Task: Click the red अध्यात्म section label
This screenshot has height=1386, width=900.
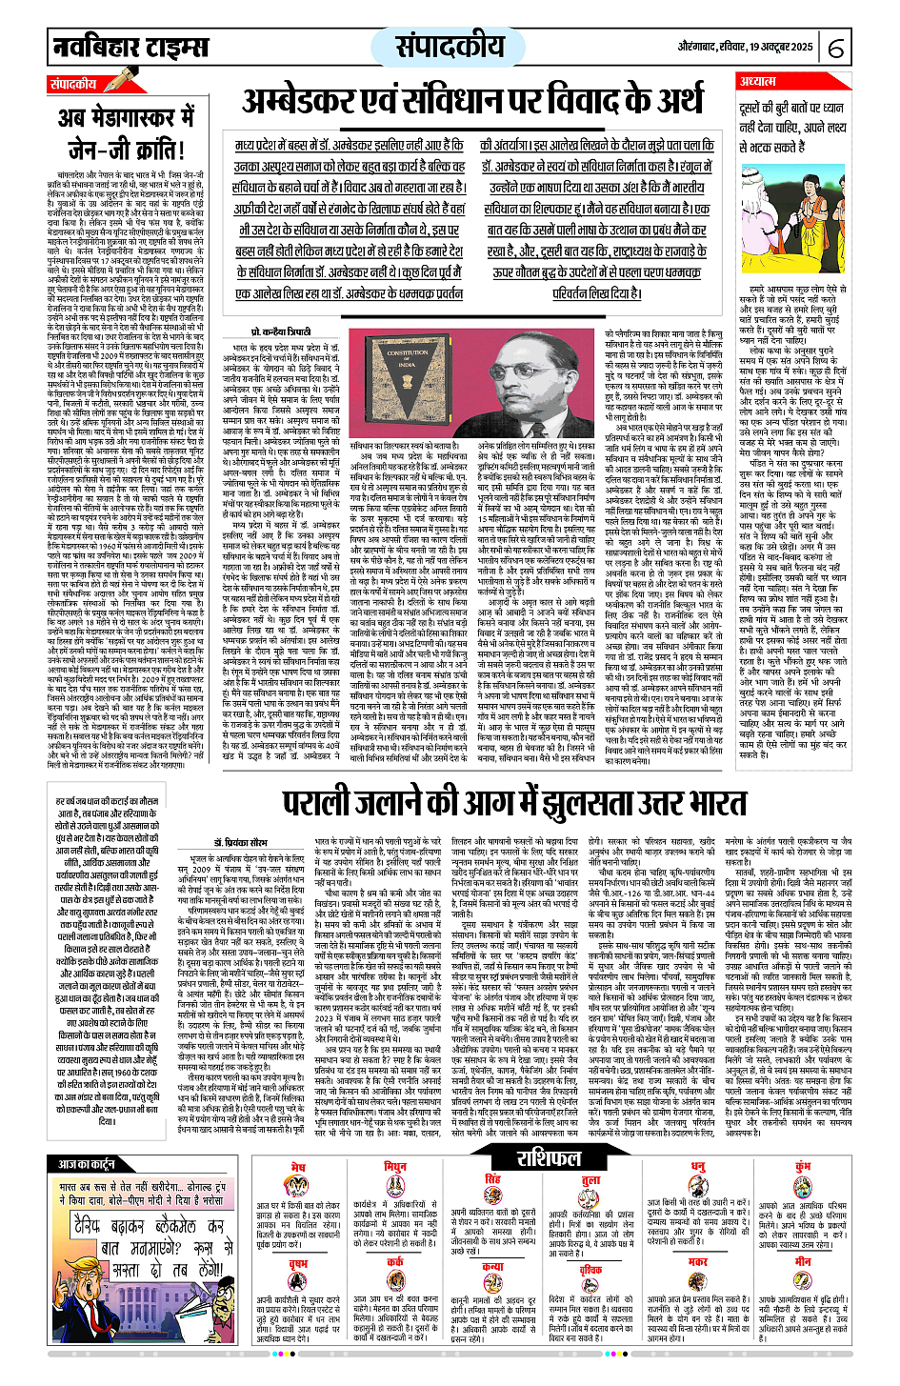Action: pyautogui.click(x=759, y=83)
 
